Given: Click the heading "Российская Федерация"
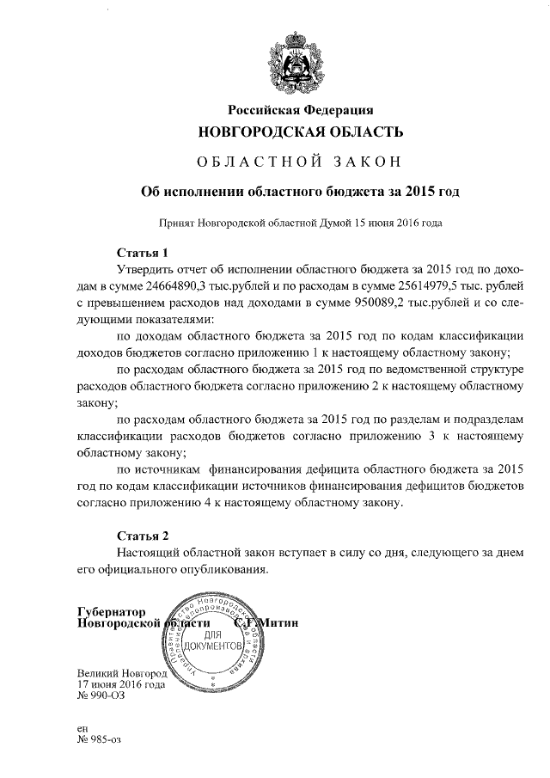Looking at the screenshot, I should click(300, 109).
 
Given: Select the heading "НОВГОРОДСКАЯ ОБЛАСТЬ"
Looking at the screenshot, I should click(300, 132).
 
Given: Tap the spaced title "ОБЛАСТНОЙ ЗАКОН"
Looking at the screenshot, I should click(300, 162).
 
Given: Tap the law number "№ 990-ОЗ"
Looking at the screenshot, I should click(101, 697).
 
